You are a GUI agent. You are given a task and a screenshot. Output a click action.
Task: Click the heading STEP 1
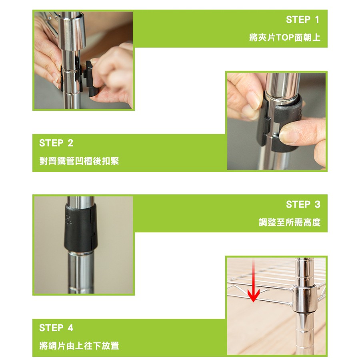point(303,20)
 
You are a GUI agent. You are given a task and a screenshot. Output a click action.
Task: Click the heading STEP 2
point(56,143)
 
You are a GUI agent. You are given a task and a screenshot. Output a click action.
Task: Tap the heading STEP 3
point(303,204)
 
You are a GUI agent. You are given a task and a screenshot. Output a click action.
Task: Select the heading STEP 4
point(56,328)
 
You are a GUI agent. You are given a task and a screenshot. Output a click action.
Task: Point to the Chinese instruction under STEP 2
point(79,161)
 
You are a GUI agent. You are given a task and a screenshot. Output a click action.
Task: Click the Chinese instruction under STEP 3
point(290,222)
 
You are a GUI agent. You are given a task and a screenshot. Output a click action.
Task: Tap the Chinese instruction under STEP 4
point(79,346)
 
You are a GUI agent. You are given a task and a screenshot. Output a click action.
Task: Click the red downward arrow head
point(253,296)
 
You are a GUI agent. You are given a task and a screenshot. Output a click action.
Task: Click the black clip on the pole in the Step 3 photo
point(80,228)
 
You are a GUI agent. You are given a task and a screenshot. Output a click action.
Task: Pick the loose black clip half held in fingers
point(91,78)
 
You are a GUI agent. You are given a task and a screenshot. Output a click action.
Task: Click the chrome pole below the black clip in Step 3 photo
point(81,272)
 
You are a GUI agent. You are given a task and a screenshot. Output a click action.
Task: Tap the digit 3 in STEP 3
point(317,204)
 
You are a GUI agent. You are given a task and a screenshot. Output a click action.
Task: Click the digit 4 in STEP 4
point(70,328)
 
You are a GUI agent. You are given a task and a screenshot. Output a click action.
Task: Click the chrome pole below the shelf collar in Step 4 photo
point(305,333)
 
